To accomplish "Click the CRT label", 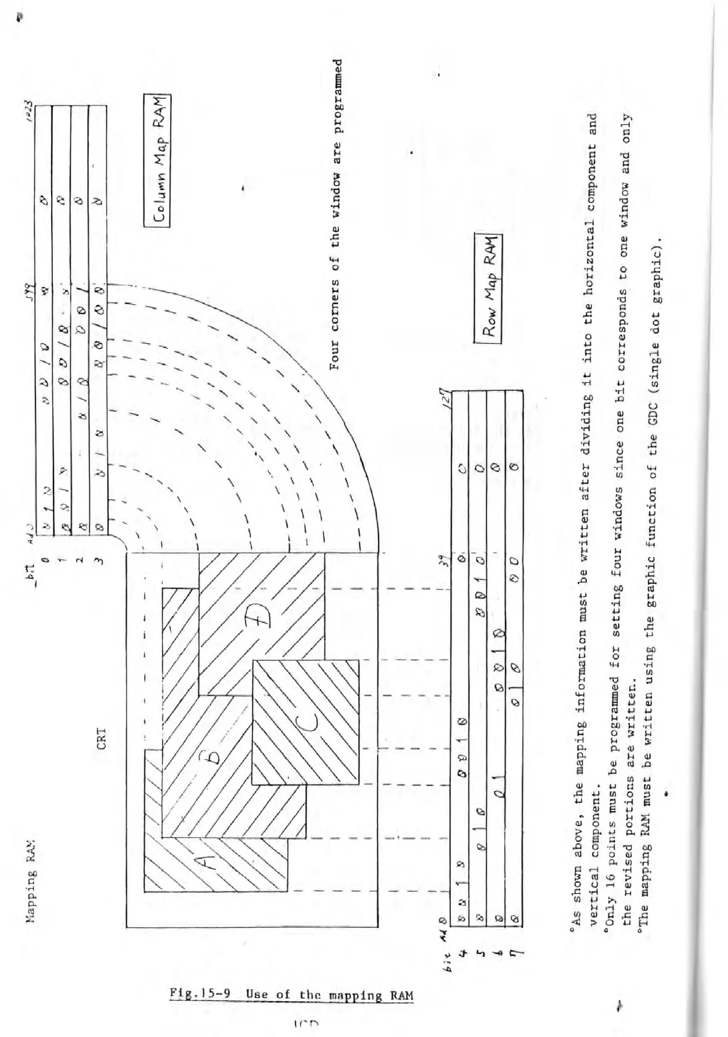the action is [101, 741].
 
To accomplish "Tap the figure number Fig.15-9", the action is [202, 995].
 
